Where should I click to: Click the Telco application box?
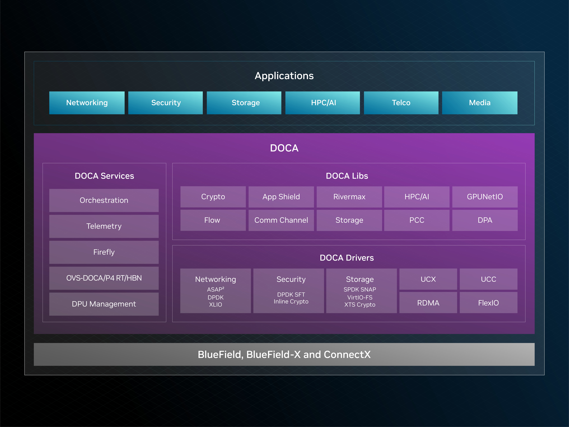point(401,103)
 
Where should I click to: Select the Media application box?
point(480,103)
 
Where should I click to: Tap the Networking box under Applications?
point(87,103)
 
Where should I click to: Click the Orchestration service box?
point(104,200)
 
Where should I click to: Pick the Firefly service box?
point(104,252)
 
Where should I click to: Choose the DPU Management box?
point(104,304)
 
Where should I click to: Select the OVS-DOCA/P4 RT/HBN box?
point(104,278)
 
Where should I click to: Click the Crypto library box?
point(213,197)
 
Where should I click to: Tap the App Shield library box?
point(281,197)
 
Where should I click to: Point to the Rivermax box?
point(349,197)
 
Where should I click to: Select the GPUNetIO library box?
point(485,197)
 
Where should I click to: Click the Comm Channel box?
point(281,220)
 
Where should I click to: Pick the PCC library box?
point(417,220)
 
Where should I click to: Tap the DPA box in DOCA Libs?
point(485,220)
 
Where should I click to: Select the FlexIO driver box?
point(489,303)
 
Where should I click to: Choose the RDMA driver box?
point(428,303)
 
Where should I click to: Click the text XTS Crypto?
point(360,305)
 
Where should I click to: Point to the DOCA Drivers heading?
point(347,258)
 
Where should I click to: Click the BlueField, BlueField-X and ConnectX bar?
point(284,354)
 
